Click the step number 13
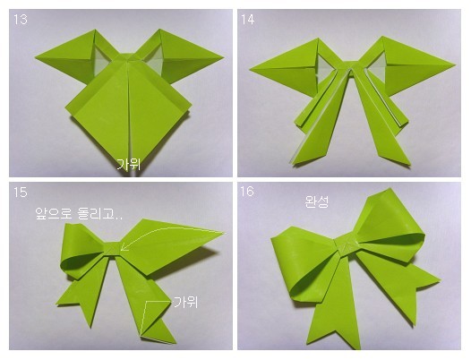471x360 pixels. coord(20,20)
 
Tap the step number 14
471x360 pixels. coord(248,20)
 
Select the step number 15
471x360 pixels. coord(20,192)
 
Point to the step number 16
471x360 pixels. coord(247,192)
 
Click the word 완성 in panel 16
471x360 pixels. coord(316,201)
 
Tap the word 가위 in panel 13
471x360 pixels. coord(129,165)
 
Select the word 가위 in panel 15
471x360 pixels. coord(186,302)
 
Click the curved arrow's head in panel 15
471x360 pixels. coord(124,248)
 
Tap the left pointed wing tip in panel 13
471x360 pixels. coord(36,57)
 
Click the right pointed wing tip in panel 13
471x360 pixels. coord(223,56)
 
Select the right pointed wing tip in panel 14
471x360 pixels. coord(455,64)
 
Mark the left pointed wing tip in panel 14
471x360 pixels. coord(250,70)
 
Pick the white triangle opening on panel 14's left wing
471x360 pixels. coord(324,69)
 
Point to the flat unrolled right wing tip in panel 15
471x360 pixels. coord(224,233)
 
